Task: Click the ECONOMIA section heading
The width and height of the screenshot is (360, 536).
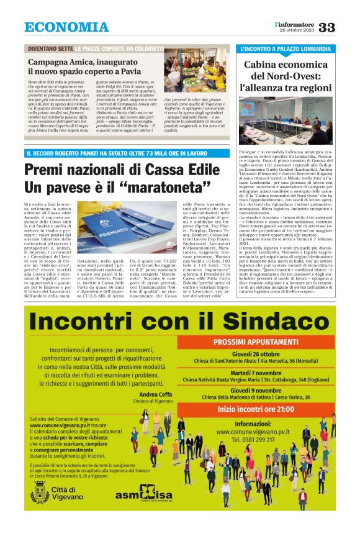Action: (66, 27)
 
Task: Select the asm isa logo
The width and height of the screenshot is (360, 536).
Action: (143, 495)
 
